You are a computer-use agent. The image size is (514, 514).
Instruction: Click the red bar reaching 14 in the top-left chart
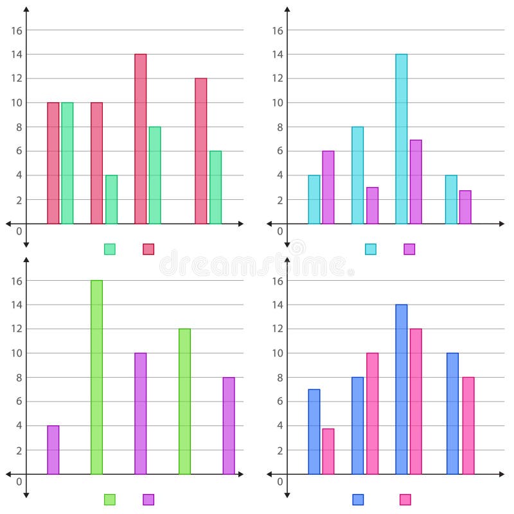(x=140, y=139)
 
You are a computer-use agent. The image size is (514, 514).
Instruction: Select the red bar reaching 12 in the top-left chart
(x=200, y=151)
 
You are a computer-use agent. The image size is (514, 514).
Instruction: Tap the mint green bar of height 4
(x=111, y=199)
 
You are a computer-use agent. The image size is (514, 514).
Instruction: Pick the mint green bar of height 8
(x=155, y=175)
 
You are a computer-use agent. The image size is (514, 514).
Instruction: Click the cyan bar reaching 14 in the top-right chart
(x=401, y=139)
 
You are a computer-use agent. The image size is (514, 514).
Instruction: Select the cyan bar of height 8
(x=357, y=175)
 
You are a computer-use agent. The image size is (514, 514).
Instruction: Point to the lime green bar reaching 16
(x=96, y=377)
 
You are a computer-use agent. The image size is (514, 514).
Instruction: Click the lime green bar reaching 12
(x=184, y=402)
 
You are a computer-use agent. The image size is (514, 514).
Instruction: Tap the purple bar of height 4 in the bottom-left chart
(x=53, y=450)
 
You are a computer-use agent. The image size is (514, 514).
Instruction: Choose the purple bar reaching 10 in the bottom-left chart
(x=140, y=413)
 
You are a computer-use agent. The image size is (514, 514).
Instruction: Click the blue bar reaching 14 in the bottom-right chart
(x=401, y=389)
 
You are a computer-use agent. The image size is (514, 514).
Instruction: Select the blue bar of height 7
(x=314, y=432)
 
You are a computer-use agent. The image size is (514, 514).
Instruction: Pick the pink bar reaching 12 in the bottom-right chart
(x=416, y=402)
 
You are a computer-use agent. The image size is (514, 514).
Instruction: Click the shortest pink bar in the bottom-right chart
(x=328, y=451)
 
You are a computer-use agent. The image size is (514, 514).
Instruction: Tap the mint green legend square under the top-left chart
(x=110, y=249)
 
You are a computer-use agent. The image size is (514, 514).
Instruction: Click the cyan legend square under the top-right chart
(x=371, y=249)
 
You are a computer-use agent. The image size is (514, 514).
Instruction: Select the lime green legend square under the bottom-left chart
(x=110, y=499)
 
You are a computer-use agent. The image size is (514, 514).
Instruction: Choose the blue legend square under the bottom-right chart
(x=358, y=499)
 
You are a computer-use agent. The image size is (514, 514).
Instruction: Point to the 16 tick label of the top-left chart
(x=17, y=30)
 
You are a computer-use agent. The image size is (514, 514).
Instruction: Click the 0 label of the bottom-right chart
(x=279, y=482)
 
